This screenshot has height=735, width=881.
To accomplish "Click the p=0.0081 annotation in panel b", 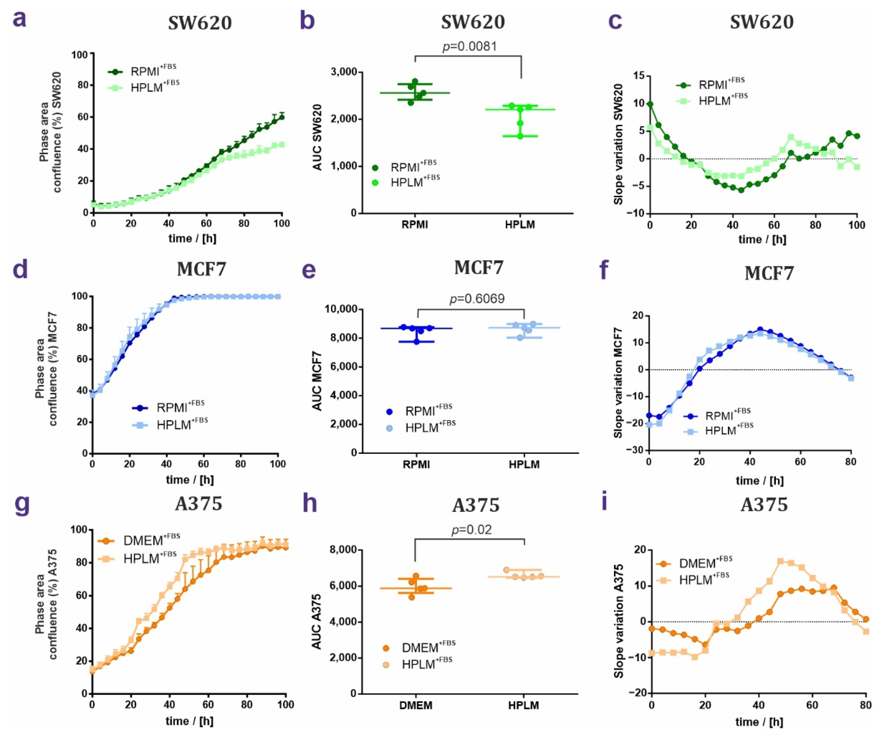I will pos(470,46).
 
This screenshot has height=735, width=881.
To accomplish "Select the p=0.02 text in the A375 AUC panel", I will pos(472,530).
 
